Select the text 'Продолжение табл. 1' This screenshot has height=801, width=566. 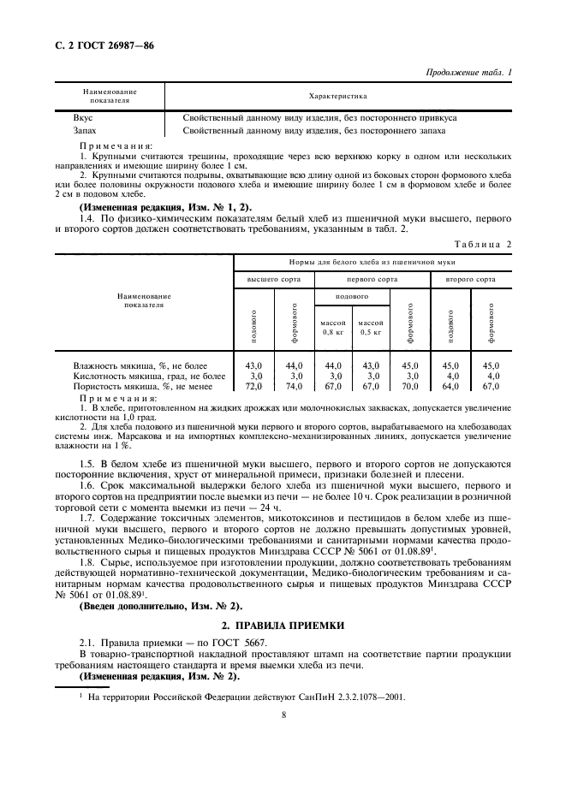click(468, 74)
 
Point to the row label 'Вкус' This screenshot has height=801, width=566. click(83, 116)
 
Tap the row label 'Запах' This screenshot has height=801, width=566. click(85, 131)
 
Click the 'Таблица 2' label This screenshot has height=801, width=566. click(483, 244)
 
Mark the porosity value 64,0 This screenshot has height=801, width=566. click(450, 387)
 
